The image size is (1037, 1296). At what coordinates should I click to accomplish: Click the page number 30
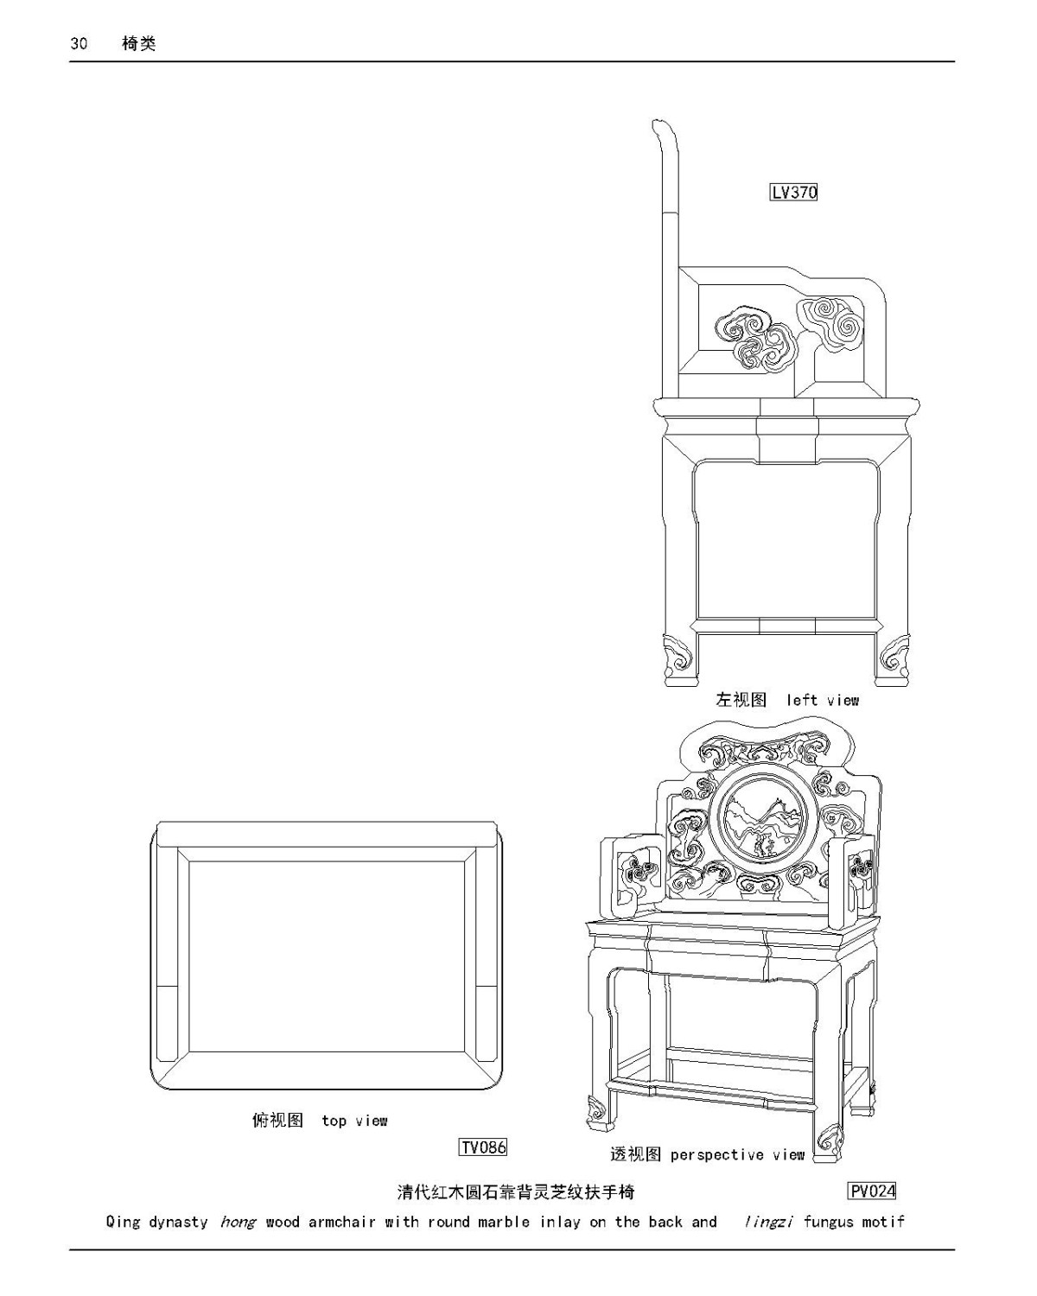point(79,44)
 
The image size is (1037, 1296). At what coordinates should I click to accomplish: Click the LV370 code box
point(793,192)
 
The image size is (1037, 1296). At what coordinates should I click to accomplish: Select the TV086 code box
point(482,1147)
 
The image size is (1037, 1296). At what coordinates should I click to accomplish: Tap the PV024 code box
point(872,1191)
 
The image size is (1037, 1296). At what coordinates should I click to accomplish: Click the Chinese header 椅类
point(139,44)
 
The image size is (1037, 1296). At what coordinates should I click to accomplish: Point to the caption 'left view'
point(822,700)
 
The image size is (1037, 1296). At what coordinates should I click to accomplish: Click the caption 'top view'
point(354,1121)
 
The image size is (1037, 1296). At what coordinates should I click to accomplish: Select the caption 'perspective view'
point(737,1154)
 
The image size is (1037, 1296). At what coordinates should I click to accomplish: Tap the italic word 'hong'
point(237,1222)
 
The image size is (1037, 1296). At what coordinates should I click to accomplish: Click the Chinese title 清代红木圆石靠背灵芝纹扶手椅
point(516,1192)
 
